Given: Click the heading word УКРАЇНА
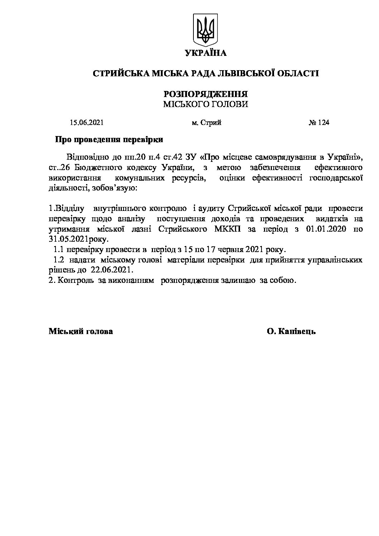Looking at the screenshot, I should (206, 53).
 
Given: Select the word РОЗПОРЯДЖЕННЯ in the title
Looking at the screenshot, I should (206, 94).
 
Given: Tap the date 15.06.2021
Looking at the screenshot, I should (87, 123).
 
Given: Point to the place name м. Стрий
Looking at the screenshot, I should (206, 123).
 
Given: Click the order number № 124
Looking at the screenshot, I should (318, 123).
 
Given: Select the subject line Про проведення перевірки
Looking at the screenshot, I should (109, 140).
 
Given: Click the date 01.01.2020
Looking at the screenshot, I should (326, 229).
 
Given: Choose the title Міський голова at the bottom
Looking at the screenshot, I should (81, 332).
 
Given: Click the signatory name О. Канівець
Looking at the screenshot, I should (291, 332).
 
